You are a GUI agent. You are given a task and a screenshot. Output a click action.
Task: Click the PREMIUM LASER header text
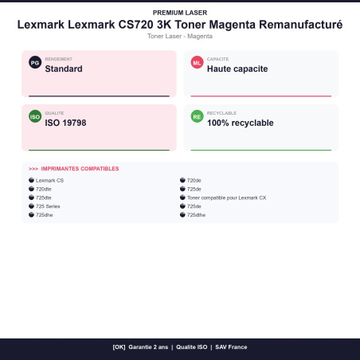[x=180, y=13]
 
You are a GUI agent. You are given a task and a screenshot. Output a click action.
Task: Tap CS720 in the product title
[x=135, y=25]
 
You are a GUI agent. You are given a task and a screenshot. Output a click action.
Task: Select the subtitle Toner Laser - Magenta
[x=180, y=36]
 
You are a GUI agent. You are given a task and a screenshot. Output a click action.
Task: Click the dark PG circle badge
[x=35, y=63]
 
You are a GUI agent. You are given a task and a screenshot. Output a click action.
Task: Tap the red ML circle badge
[x=197, y=63]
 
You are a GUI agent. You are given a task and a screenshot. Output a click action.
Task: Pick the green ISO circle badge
[x=35, y=116]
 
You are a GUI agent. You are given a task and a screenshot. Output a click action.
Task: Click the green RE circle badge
[x=197, y=116]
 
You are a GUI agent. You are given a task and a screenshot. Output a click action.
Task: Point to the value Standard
[x=64, y=68]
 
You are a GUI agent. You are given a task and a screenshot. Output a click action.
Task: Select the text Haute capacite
[x=237, y=68]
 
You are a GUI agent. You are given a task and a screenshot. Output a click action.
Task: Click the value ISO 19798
[x=65, y=123]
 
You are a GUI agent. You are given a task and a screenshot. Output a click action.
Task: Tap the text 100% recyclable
[x=241, y=123]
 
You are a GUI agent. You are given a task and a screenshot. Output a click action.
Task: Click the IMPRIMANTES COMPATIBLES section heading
[x=80, y=169]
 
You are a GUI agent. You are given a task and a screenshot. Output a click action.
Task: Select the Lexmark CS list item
[x=49, y=180]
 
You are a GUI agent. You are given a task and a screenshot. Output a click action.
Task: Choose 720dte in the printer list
[x=44, y=189]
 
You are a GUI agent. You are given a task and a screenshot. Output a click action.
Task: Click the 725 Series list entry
[x=48, y=206]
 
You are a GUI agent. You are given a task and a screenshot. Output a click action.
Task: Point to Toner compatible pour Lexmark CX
[x=226, y=198]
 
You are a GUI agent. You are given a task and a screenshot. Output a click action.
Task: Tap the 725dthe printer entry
[x=196, y=215]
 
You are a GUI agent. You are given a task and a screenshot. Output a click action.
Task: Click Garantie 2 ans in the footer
[x=148, y=347]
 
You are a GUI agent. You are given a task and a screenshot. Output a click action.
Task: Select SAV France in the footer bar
[x=231, y=347]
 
